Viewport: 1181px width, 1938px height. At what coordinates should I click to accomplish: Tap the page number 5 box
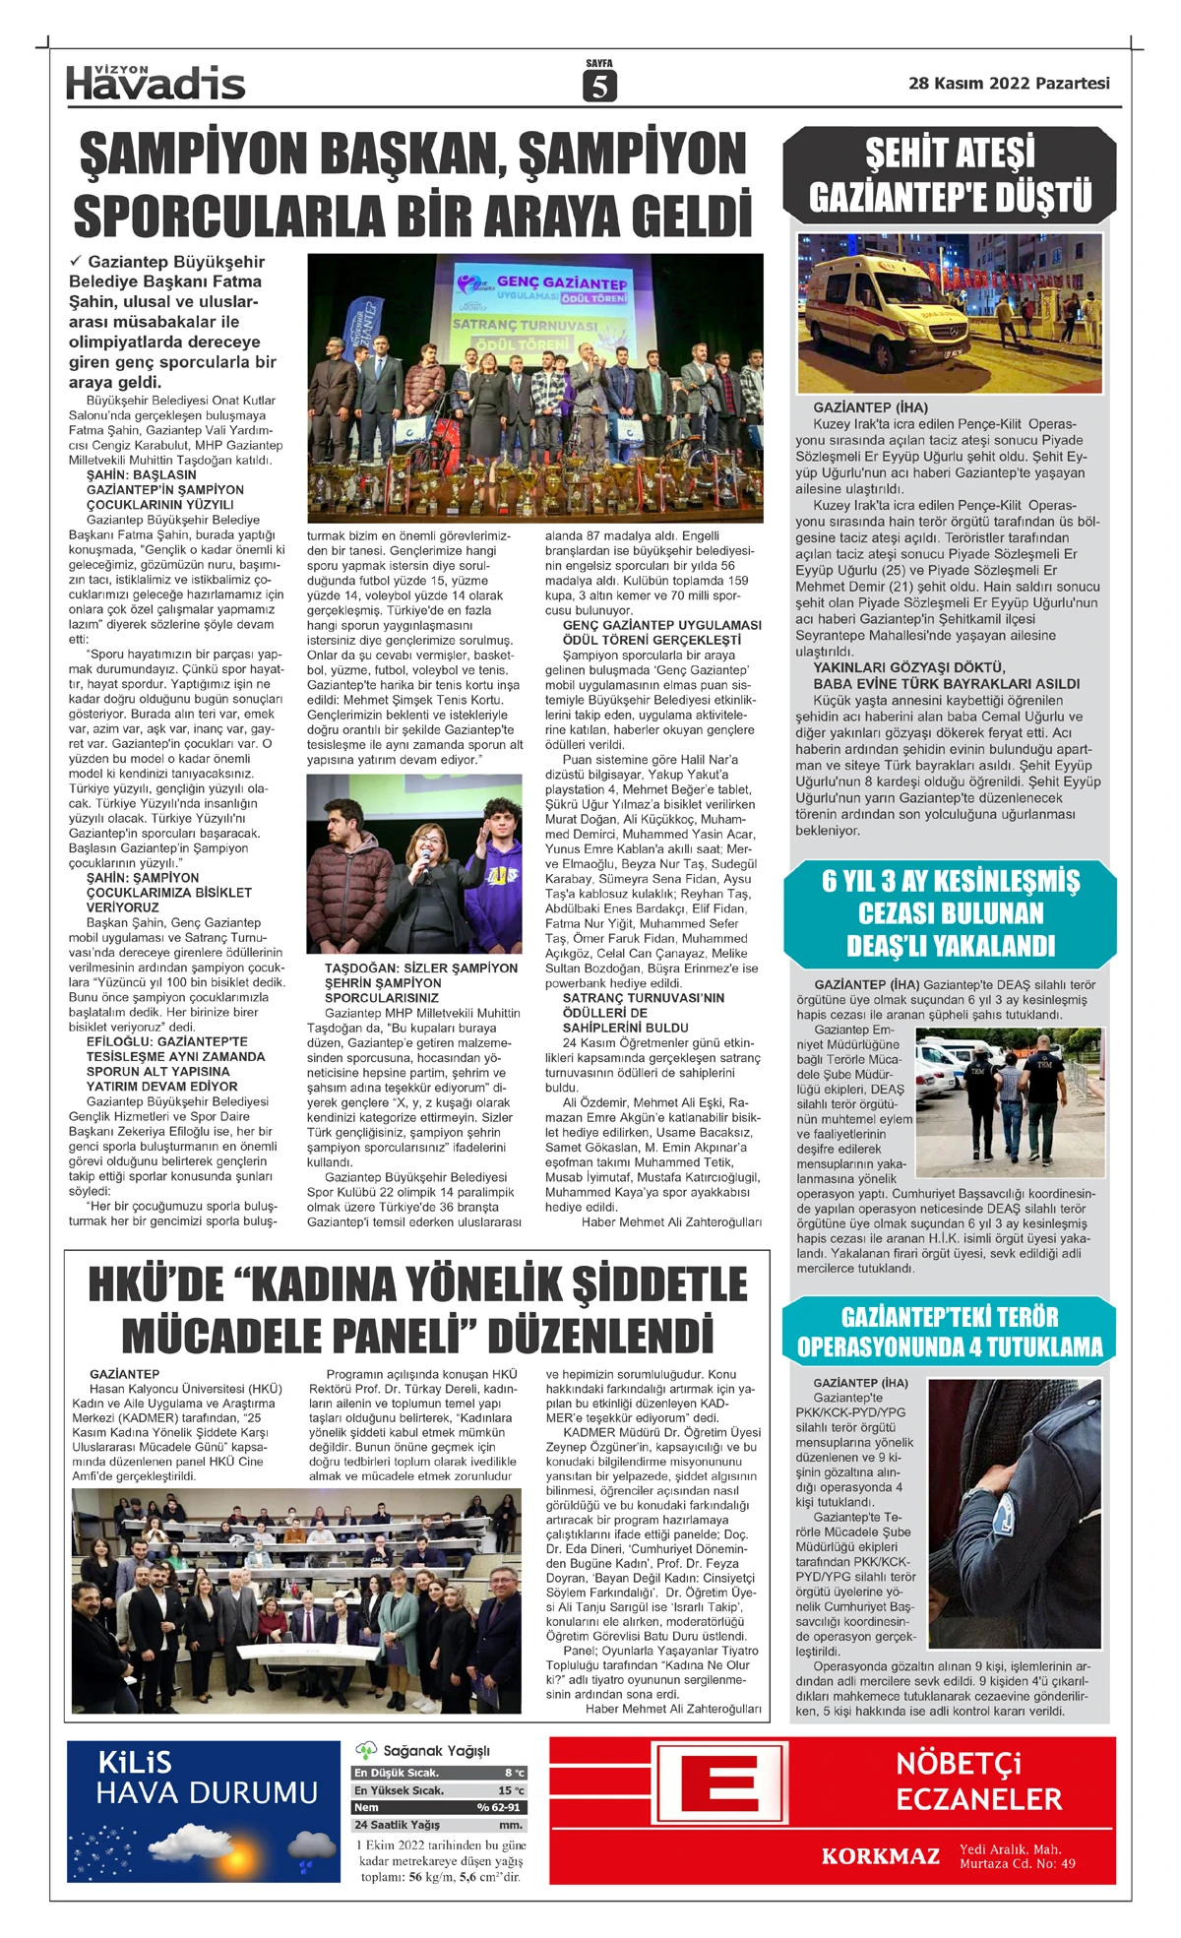tap(598, 87)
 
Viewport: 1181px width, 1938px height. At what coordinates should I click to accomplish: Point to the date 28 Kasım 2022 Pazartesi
tap(1009, 84)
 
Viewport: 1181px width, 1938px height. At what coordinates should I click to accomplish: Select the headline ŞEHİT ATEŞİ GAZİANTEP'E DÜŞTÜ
tap(950, 175)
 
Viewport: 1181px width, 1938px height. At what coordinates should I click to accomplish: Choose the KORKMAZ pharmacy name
tap(880, 1856)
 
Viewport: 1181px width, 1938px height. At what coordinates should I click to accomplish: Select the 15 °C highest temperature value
tap(511, 1790)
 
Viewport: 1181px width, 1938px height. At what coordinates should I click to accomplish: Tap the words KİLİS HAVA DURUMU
tap(207, 1778)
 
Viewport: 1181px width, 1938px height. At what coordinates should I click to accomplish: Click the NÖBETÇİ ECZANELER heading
tap(978, 1782)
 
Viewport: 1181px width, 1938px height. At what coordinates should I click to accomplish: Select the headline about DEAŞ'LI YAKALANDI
tap(950, 912)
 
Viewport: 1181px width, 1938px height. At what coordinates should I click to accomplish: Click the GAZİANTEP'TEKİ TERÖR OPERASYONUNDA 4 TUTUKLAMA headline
tap(950, 1332)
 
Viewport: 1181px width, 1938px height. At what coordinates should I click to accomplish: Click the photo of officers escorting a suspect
tap(1010, 1102)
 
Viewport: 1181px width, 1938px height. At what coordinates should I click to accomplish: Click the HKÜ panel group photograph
tap(296, 1600)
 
